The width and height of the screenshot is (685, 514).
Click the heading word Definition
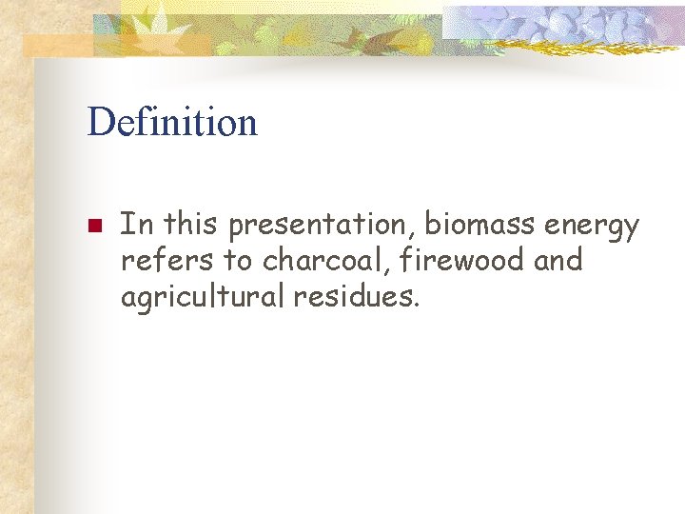pyautogui.click(x=172, y=123)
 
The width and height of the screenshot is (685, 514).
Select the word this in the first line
pyautogui.click(x=191, y=225)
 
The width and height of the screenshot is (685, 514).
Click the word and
pyautogui.click(x=558, y=261)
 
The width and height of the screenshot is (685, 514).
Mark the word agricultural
pyautogui.click(x=203, y=297)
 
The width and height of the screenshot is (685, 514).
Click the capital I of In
pyautogui.click(x=127, y=225)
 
